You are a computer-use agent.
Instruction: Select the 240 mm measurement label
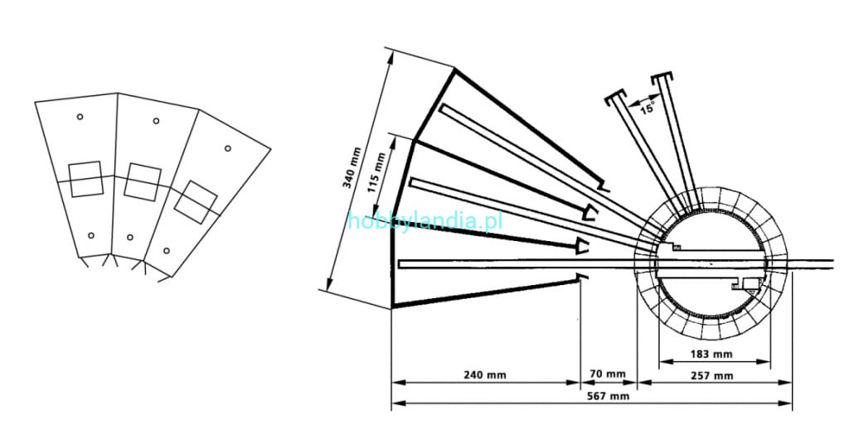pyautogui.click(x=485, y=374)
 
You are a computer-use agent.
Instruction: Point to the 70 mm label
pyautogui.click(x=608, y=374)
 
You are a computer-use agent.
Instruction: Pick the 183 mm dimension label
pyautogui.click(x=711, y=355)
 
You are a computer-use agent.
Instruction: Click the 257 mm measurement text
pyautogui.click(x=712, y=375)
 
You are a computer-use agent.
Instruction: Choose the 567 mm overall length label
pyautogui.click(x=609, y=396)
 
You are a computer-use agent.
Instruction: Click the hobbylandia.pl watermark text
pyautogui.click(x=425, y=221)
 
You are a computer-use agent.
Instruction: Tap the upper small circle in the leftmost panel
pyautogui.click(x=80, y=116)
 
